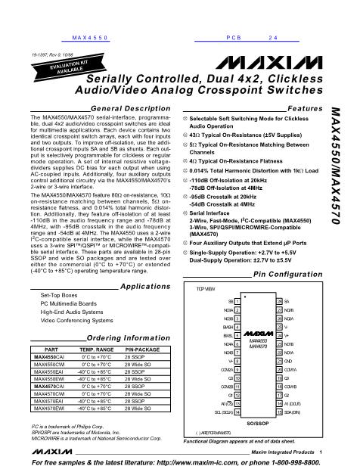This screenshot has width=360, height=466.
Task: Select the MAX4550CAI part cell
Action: click(x=48, y=356)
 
